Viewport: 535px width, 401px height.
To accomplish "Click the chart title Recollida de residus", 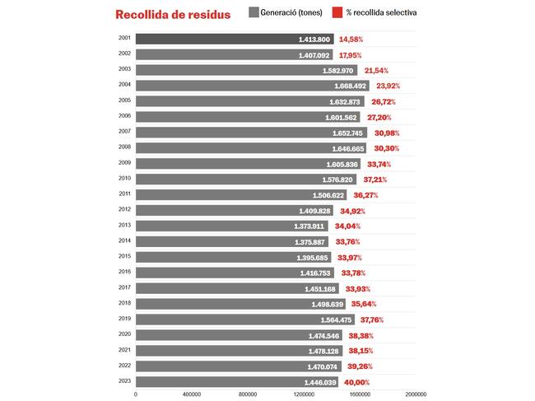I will click(173, 14).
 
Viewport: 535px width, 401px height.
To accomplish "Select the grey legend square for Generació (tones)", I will click(254, 12).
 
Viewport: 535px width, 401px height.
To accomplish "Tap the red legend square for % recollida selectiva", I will click(337, 12).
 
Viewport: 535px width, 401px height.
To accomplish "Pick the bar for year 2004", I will click(239, 86).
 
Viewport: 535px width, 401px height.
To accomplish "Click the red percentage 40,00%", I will click(356, 382).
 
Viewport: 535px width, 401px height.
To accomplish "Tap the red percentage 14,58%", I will click(351, 39).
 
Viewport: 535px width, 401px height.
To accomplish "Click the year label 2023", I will click(124, 381).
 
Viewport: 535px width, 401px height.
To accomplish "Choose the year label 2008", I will click(124, 147).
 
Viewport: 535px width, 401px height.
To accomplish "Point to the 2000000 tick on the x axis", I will click(415, 394).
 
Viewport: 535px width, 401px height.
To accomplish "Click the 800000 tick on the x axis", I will click(247, 394).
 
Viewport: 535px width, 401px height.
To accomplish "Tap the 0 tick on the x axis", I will click(136, 394).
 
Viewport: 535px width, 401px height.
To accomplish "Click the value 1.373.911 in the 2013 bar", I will click(309, 226).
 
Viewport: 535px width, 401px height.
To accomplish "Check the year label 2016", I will click(124, 272).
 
